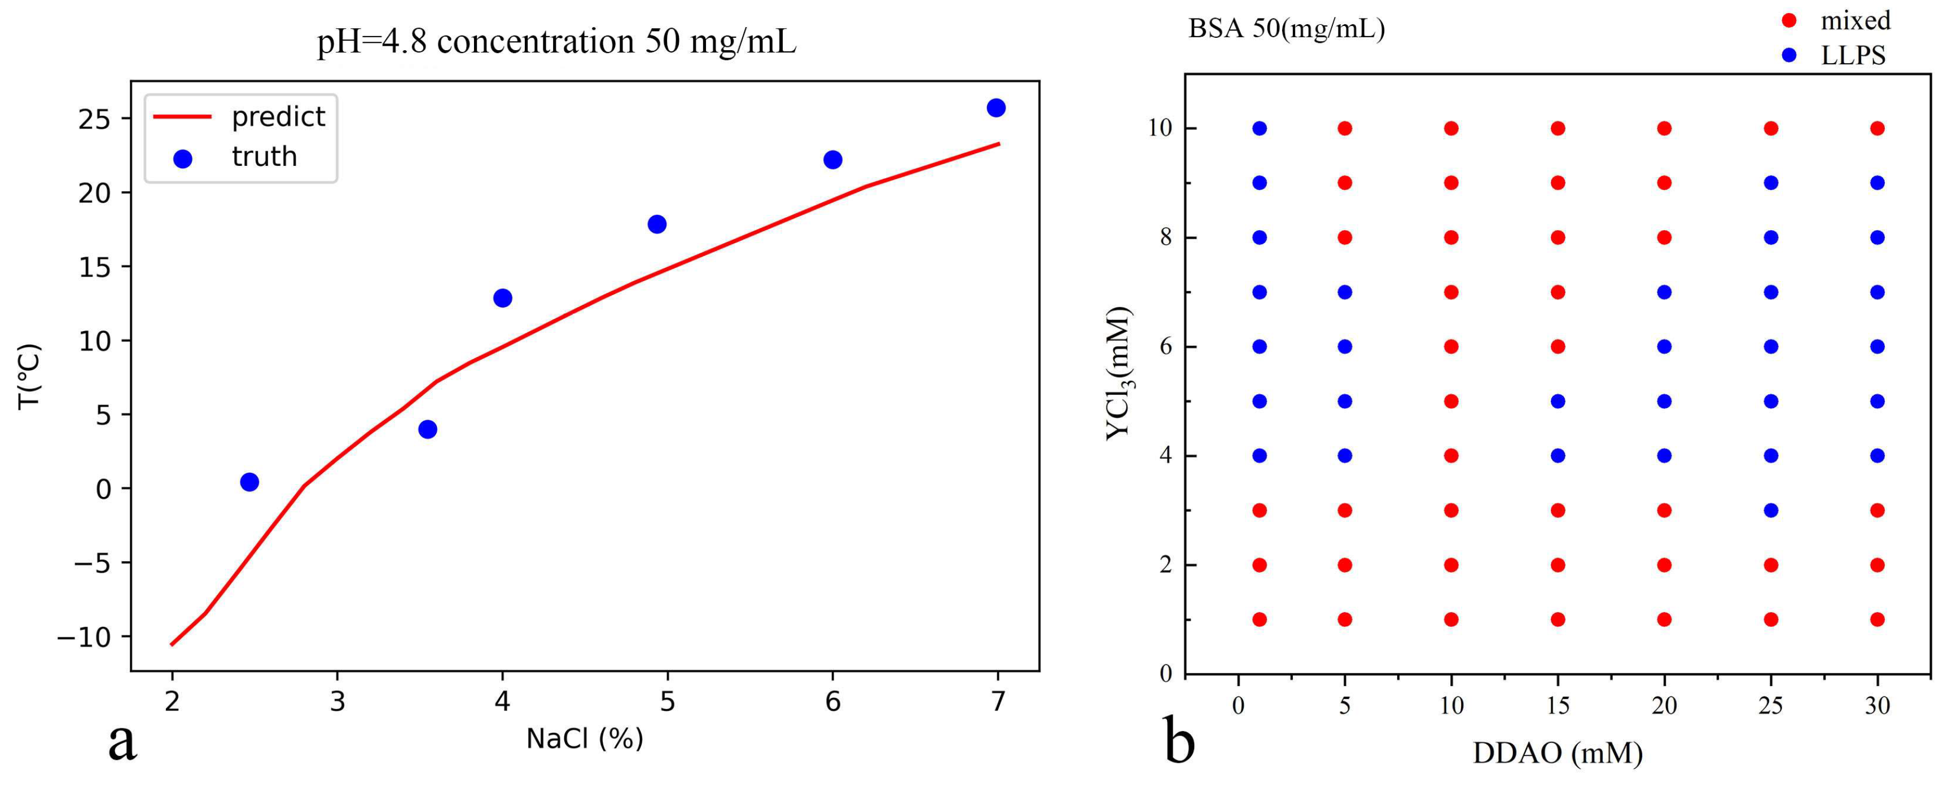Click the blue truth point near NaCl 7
click(x=996, y=108)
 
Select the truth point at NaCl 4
click(x=503, y=298)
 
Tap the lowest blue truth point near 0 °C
click(x=249, y=482)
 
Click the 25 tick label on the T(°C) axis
click(x=95, y=120)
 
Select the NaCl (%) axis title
click(x=585, y=738)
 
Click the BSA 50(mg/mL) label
click(x=1286, y=29)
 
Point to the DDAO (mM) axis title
click(x=1558, y=753)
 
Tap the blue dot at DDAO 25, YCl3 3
click(x=1771, y=511)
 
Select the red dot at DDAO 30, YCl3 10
click(x=1877, y=129)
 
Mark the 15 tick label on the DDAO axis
click(x=1558, y=705)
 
